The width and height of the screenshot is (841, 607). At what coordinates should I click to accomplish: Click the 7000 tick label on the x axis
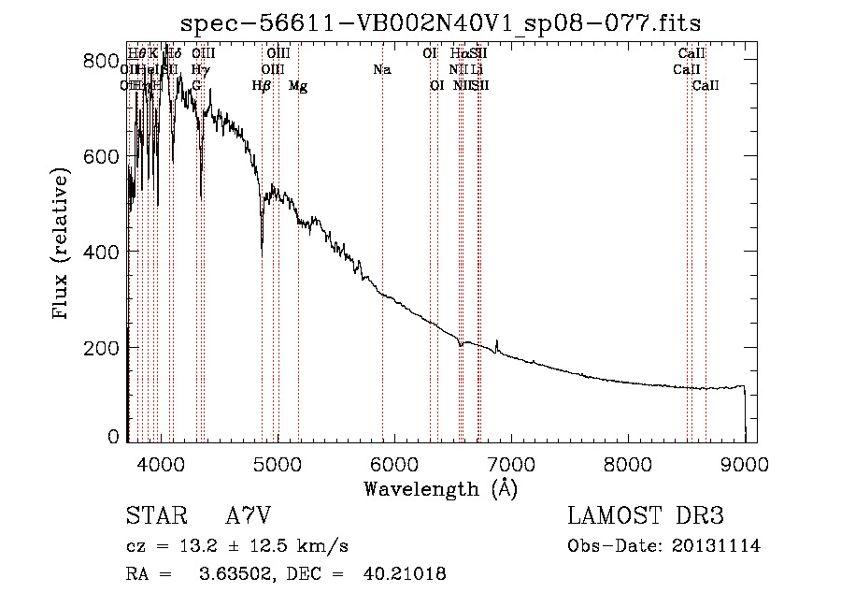coord(510,463)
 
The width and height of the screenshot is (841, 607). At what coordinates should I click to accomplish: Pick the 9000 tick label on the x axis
coord(744,463)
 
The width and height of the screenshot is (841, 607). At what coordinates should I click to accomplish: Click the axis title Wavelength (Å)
coord(440,488)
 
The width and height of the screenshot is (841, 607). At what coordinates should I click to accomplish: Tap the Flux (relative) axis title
coord(63,245)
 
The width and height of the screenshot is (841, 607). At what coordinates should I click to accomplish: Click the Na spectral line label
coord(381,70)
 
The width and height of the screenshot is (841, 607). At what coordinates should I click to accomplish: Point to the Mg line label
coord(298,86)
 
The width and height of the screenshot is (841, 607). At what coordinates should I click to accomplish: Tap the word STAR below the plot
coord(159,516)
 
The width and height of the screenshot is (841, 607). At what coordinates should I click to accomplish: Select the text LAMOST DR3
coord(645,516)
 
